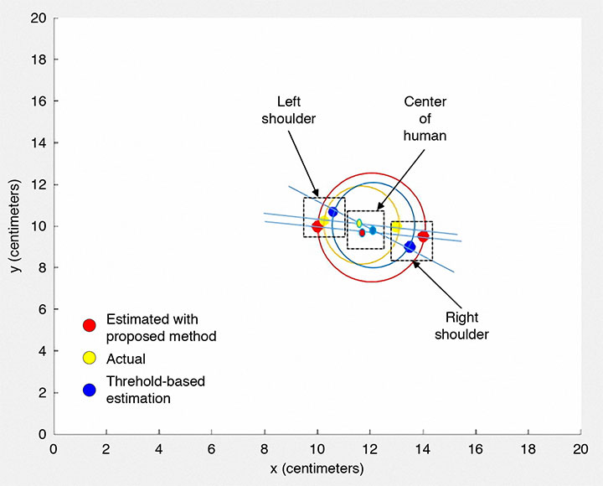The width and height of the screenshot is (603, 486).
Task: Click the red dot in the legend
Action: pos(89,326)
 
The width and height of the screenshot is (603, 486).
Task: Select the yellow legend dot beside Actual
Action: pos(89,359)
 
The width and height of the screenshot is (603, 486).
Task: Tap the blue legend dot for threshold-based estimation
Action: pos(89,389)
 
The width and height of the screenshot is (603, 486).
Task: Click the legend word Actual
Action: pos(126,359)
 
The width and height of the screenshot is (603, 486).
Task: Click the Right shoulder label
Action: pos(466,326)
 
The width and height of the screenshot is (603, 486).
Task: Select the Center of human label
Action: pos(425,117)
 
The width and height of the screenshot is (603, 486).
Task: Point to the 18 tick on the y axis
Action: pos(39,59)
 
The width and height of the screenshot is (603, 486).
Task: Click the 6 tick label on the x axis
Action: pos(212,449)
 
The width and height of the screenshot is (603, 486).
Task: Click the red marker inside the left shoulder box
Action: pos(317,227)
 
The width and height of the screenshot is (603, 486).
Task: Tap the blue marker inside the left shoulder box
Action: pos(332,212)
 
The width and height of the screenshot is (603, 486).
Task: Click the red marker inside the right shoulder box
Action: pos(423,236)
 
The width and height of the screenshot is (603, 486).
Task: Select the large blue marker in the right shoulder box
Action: pos(410,246)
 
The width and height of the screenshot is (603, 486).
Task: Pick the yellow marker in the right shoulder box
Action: pos(396,226)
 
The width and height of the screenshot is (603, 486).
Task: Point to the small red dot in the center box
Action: pos(362,233)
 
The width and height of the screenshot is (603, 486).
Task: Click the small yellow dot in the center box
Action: pos(359,224)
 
